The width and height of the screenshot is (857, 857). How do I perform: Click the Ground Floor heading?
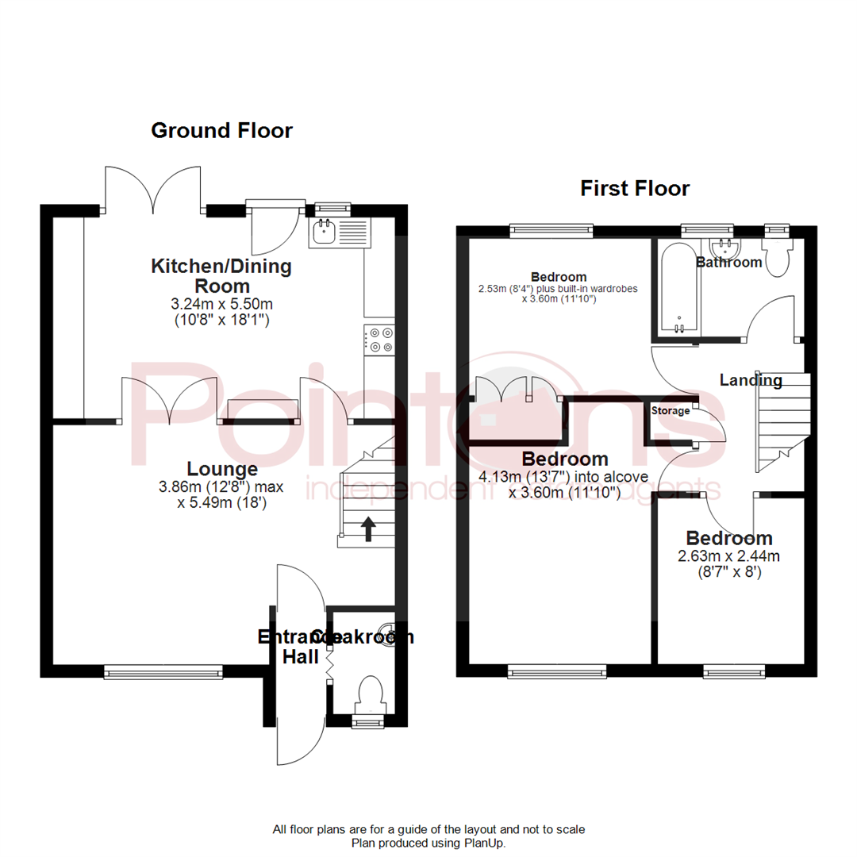click(221, 130)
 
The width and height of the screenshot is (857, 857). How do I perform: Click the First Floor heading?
click(634, 188)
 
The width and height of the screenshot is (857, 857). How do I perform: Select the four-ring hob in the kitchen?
click(379, 340)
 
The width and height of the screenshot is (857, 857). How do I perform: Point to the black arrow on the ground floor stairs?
click(368, 528)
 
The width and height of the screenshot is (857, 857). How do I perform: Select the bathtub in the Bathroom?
click(678, 290)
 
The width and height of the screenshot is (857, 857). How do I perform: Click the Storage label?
click(671, 411)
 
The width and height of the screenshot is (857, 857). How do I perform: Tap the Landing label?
click(750, 380)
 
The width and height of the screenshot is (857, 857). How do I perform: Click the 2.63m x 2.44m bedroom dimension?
click(728, 555)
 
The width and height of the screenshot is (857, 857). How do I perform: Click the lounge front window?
click(164, 672)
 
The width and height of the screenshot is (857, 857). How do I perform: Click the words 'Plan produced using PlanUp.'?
click(428, 844)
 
